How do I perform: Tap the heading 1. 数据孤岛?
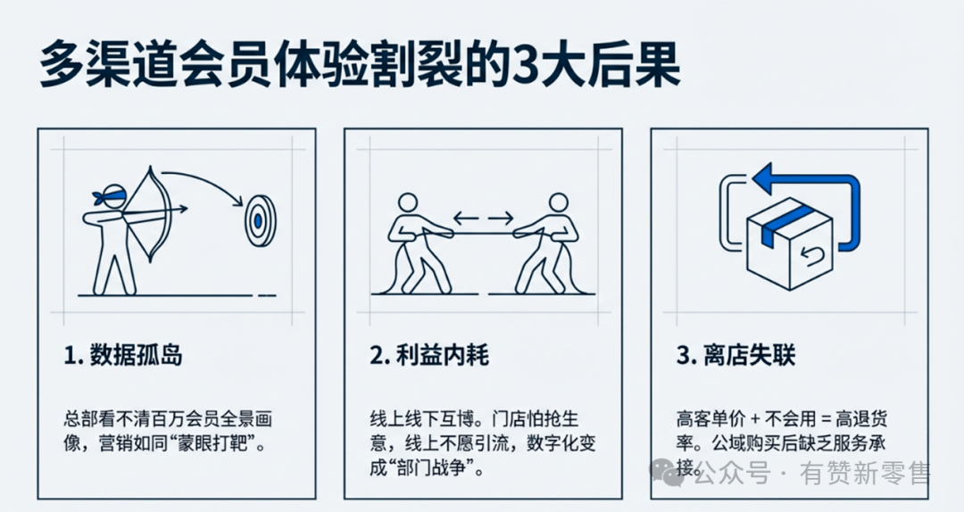(x=123, y=355)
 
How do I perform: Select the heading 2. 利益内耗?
(x=429, y=355)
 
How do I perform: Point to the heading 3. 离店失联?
(x=735, y=355)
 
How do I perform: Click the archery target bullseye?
(x=258, y=219)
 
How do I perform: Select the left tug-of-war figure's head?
(x=407, y=202)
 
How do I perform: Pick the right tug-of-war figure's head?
(x=558, y=202)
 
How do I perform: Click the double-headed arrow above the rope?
(x=483, y=218)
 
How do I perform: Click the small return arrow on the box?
(x=811, y=254)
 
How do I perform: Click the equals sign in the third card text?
(x=826, y=419)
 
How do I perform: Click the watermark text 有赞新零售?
(x=865, y=474)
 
